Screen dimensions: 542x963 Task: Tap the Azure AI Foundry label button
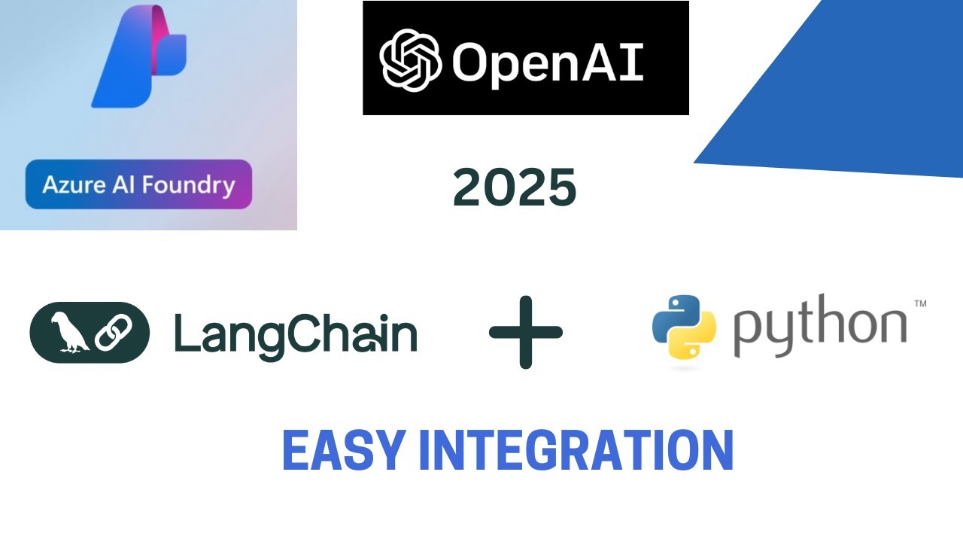[138, 184]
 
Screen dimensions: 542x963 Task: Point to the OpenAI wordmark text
[547, 60]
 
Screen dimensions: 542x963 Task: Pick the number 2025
[515, 187]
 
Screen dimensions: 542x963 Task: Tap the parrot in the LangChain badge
[68, 333]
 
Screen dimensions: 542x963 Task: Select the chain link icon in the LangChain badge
[114, 333]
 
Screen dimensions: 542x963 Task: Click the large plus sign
[526, 332]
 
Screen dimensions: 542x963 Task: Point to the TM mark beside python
[919, 304]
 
